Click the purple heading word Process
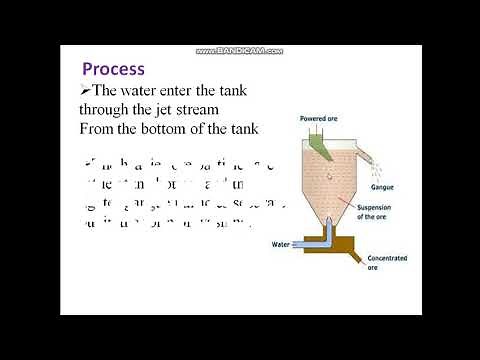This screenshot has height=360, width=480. pyautogui.click(x=113, y=69)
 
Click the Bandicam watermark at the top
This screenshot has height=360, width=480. pyautogui.click(x=240, y=50)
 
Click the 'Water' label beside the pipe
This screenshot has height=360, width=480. pyautogui.click(x=280, y=244)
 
